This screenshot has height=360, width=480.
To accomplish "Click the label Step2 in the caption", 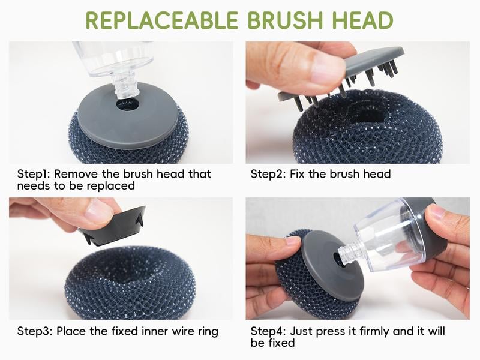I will coord(267,174).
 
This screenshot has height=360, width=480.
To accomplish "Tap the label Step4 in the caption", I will coord(268,331).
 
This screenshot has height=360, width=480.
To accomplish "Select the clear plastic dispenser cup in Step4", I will coord(390,234).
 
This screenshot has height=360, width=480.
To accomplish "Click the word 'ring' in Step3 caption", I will coord(207,331).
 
